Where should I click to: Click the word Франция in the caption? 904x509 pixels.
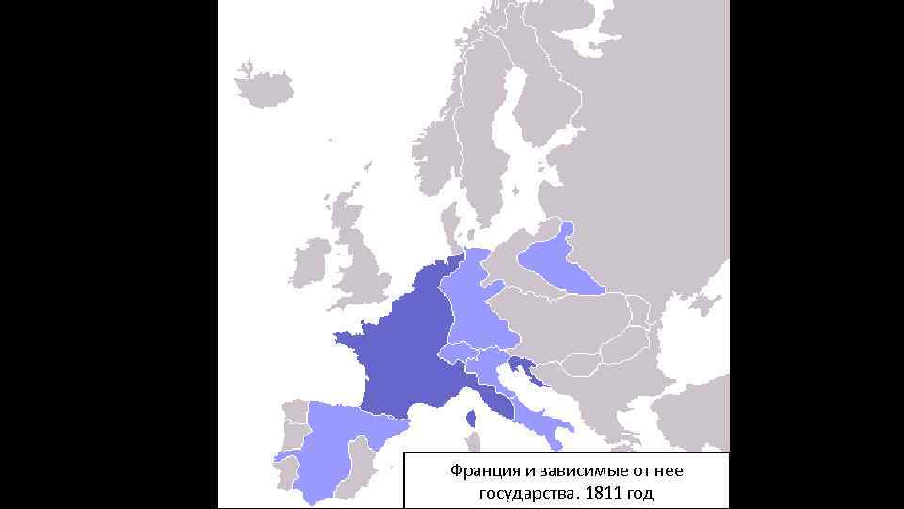click(x=479, y=470)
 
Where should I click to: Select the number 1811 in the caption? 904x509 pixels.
click(x=605, y=493)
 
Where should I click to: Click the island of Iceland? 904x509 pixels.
click(x=266, y=86)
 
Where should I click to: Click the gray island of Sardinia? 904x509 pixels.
click(x=472, y=443)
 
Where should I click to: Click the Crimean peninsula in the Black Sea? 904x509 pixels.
click(x=698, y=306)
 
